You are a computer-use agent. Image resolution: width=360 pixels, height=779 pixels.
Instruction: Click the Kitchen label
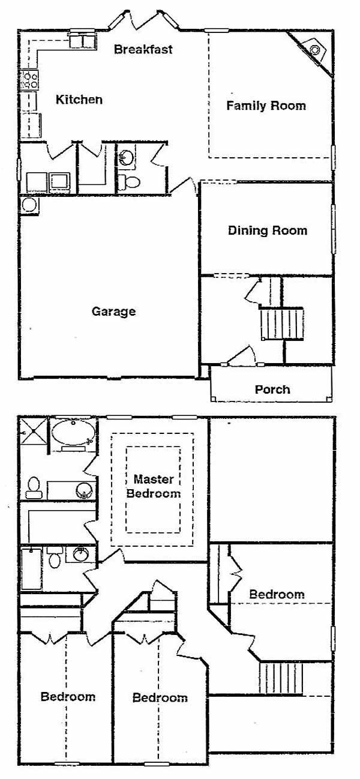coord(79,100)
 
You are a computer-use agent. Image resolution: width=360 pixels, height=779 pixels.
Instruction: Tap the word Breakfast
coord(143,49)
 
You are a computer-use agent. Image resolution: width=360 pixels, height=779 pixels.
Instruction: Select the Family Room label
coord(266,106)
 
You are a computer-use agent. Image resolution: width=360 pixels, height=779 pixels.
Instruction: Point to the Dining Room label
coord(268,230)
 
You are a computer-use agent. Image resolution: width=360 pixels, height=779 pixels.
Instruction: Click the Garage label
coord(114,311)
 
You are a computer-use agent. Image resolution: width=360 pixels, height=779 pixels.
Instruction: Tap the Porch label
coord(272,389)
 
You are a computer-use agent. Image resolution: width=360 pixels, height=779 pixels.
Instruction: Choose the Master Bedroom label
coord(154,486)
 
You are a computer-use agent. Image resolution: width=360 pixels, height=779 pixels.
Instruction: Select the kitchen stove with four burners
coord(29,80)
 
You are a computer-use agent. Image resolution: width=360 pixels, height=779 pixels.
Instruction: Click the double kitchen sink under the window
coord(82,40)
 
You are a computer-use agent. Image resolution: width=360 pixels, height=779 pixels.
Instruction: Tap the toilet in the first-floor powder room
coord(128,181)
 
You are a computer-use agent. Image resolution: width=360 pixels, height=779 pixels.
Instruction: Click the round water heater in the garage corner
coord(29,205)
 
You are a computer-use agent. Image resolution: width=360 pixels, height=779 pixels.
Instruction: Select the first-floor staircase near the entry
coord(282,324)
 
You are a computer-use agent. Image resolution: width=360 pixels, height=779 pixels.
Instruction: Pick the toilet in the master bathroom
coord(34,488)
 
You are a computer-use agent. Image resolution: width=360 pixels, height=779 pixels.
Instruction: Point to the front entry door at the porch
coord(242,356)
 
